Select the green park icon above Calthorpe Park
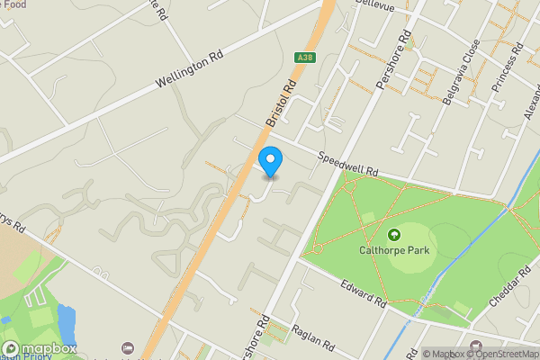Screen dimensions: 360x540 coord(393,236)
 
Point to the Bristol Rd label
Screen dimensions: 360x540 coord(281,105)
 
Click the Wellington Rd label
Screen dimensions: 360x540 coord(188,69)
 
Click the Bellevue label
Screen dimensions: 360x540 coord(377,5)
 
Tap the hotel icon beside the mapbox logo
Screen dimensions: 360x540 coord(128,347)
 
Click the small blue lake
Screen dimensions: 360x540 coord(65,320)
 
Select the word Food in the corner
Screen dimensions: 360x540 coord(14,4)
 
